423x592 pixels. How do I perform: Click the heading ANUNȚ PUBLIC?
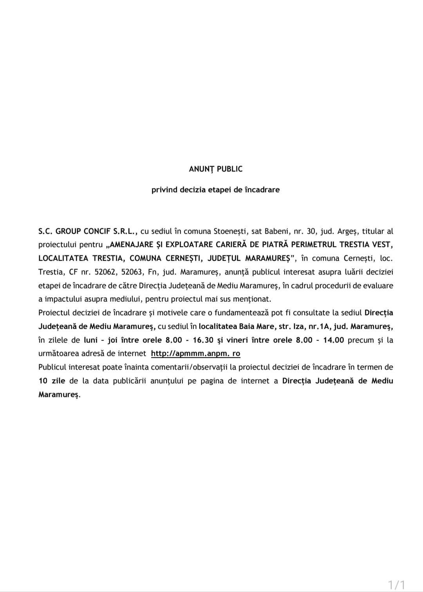coord(215,169)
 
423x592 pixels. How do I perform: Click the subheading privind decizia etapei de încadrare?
coord(215,190)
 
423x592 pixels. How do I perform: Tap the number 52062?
coord(105,272)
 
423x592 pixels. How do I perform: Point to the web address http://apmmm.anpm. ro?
coord(195,354)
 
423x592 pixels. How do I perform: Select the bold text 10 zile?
coord(52,381)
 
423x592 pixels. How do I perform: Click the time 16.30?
coord(203,340)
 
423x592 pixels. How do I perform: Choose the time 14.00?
coord(333,340)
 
